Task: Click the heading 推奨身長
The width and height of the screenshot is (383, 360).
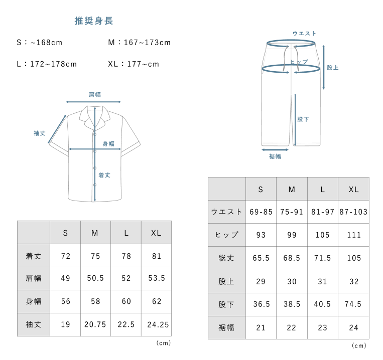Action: tap(93, 21)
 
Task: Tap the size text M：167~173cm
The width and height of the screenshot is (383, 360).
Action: tap(140, 43)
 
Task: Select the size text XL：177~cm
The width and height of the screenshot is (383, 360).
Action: tap(134, 64)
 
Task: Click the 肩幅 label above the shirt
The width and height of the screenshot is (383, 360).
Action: tap(95, 94)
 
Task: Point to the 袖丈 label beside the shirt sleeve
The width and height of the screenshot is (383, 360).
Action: tap(40, 133)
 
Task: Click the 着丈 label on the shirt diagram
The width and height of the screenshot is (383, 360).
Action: tap(104, 175)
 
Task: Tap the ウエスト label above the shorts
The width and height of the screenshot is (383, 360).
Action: tap(305, 34)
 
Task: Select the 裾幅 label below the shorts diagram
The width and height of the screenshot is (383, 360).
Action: tap(275, 156)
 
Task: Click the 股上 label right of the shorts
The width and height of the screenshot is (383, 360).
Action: tap(333, 68)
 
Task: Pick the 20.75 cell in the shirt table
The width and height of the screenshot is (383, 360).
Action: tap(95, 324)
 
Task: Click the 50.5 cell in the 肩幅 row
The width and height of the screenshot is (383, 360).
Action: tap(95, 278)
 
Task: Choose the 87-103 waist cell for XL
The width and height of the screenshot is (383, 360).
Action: tap(353, 212)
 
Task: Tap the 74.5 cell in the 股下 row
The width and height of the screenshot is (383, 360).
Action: tap(353, 304)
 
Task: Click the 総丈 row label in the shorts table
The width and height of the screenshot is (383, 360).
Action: tap(226, 258)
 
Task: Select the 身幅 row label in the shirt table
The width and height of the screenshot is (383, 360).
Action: tap(33, 301)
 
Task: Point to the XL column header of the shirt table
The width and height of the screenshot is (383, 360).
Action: tap(156, 233)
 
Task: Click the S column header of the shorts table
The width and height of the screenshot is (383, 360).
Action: tap(261, 190)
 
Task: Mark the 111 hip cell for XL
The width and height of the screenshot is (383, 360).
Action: tap(353, 235)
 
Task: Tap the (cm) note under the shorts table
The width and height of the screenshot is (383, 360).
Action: tap(359, 345)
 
